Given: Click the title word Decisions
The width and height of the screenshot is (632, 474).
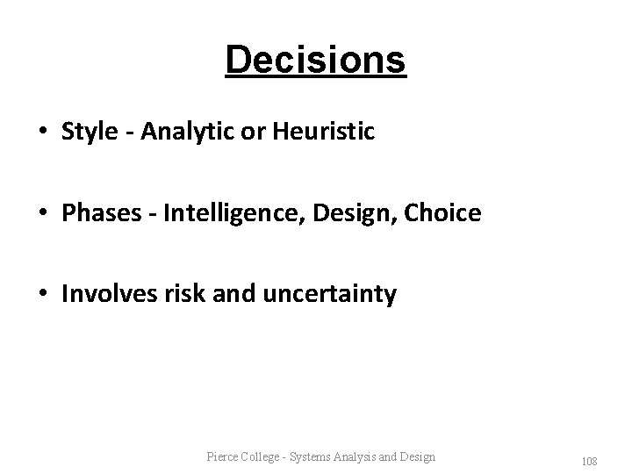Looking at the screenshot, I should pyautogui.click(x=315, y=61).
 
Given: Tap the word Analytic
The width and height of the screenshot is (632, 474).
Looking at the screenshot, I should pyautogui.click(x=176, y=133).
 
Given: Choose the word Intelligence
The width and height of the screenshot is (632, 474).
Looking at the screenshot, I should pyautogui.click(x=220, y=213).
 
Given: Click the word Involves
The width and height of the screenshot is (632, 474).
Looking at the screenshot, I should pyautogui.click(x=104, y=294).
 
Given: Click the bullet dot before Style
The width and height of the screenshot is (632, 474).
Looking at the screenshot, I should pyautogui.click(x=43, y=133).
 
